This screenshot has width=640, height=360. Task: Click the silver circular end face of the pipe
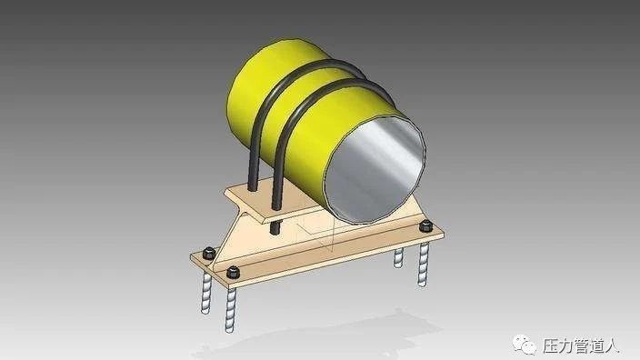coord(374,169)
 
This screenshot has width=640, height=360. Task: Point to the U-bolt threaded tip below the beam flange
coord(274,227)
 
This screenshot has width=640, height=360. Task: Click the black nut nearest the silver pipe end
coord(425,225)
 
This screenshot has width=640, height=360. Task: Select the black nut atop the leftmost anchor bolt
coord(209,254)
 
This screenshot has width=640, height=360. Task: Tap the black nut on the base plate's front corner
coord(233,272)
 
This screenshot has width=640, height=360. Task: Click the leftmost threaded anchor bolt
coord(206,293)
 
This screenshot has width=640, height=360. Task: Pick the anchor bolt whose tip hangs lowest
coord(231,309)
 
